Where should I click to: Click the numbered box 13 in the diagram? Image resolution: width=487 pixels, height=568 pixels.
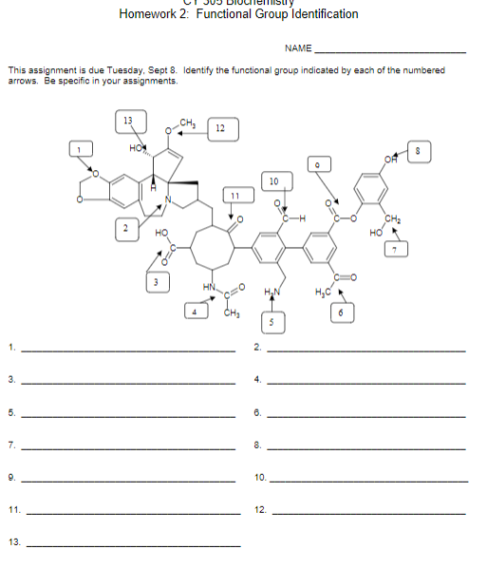pos(129,120)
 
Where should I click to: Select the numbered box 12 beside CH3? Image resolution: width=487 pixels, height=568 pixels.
pos(220,128)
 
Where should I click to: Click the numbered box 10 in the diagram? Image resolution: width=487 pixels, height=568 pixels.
pos(273,180)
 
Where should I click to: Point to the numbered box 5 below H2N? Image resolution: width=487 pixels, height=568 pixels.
pos(272,323)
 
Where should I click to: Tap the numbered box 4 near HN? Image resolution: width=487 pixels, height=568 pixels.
pos(195,311)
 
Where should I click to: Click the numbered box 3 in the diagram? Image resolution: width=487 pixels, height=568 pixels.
pos(156,282)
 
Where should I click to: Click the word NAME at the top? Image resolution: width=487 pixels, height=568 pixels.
pos(297,48)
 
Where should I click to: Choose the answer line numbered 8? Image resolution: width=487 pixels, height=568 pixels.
pos(366,446)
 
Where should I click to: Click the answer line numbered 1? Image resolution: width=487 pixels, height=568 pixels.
pos(127,350)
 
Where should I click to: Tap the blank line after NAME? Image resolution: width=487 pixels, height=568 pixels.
pos(389,51)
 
